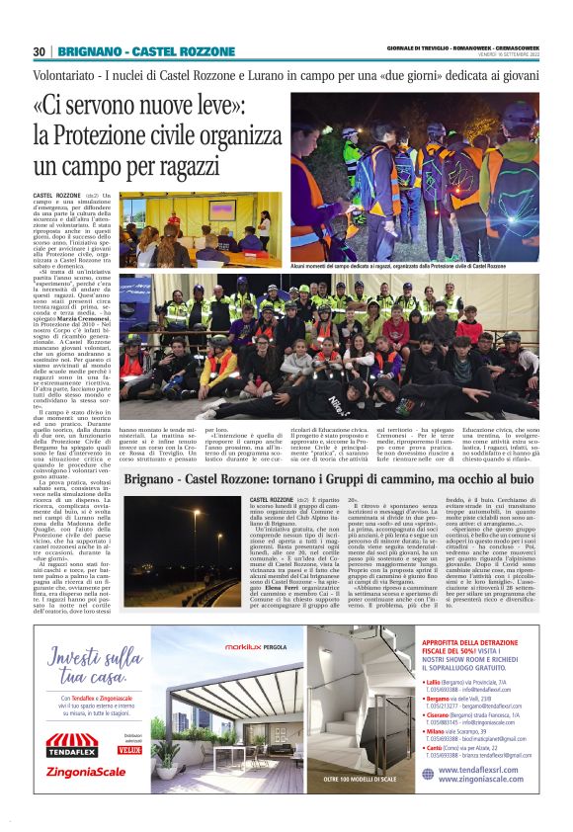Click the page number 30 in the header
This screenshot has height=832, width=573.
[x=40, y=51]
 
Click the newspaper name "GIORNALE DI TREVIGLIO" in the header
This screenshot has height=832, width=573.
[x=422, y=46]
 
